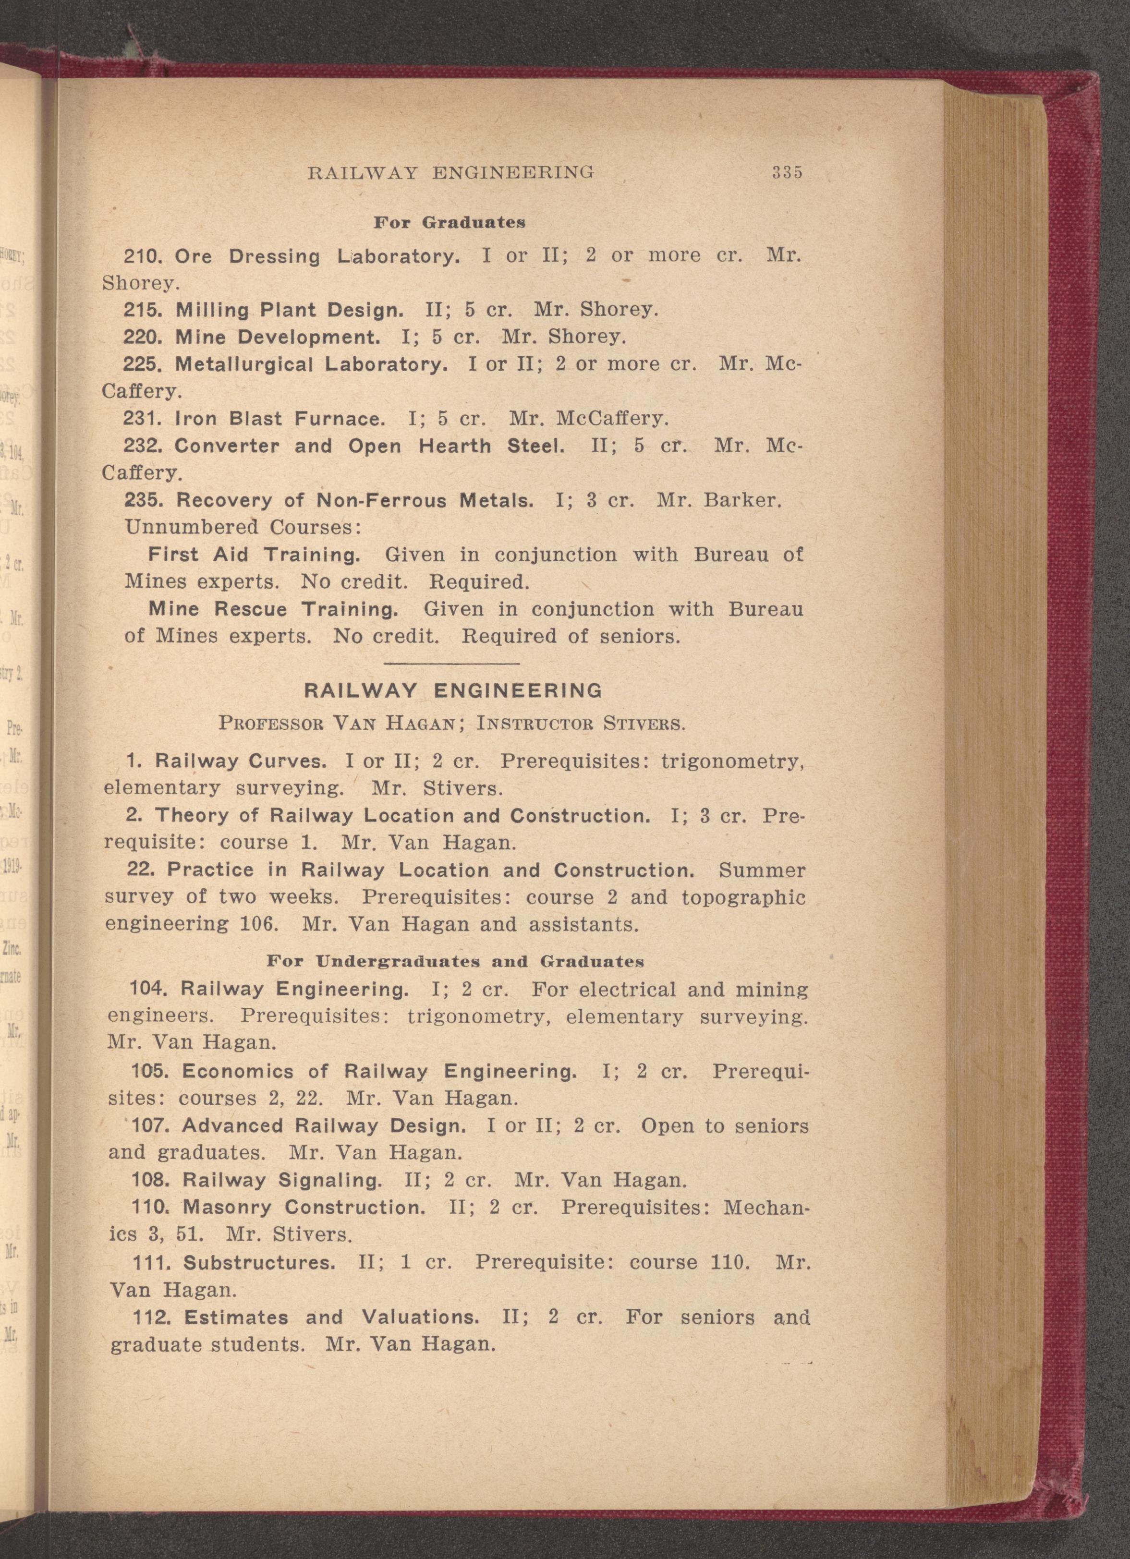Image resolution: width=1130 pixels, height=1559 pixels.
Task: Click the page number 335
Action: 787,172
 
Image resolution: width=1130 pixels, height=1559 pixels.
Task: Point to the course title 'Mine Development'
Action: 278,337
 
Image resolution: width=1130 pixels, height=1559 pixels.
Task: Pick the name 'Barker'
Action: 742,500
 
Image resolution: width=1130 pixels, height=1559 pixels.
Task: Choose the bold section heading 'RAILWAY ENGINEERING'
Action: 453,691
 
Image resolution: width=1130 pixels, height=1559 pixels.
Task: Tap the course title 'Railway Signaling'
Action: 282,1180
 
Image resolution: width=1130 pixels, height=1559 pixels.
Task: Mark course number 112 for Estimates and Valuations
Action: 150,1317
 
